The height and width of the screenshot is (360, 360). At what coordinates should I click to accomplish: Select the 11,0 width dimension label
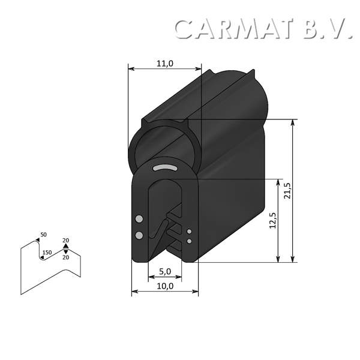tap(164, 63)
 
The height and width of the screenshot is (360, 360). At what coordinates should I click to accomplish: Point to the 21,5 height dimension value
tap(287, 190)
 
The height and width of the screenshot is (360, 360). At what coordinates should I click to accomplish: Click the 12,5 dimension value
tap(272, 221)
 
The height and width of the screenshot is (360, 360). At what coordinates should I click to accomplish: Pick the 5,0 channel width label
tap(164, 272)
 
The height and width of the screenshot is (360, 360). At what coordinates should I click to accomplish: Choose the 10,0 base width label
tap(164, 286)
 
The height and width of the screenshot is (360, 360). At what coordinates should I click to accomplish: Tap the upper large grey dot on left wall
tap(140, 218)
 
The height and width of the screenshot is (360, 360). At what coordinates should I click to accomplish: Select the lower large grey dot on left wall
tap(139, 235)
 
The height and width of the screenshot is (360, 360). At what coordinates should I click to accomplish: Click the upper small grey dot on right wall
tap(190, 231)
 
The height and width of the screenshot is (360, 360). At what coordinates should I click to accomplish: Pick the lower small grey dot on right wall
tap(190, 241)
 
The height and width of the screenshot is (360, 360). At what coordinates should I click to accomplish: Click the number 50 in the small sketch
tap(43, 235)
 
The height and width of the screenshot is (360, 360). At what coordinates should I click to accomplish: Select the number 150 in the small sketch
tap(47, 253)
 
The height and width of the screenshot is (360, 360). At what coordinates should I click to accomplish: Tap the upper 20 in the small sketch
tap(65, 241)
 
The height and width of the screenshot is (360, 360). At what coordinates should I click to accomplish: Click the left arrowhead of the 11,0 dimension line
tap(131, 69)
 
